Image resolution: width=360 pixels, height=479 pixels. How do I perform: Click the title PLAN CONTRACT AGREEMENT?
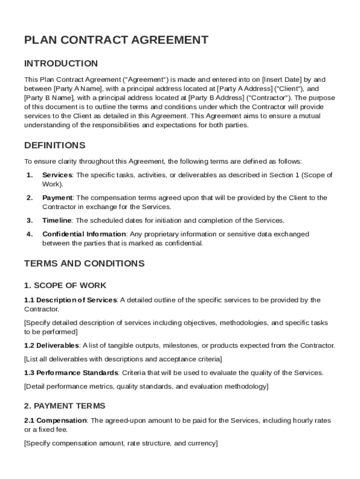click(116, 40)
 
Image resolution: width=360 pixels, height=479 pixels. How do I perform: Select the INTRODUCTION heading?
click(61, 64)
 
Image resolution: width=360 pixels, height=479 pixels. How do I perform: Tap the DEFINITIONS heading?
click(55, 145)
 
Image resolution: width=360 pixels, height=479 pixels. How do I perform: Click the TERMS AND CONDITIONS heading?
click(84, 263)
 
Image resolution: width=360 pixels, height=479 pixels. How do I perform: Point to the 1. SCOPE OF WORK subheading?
click(65, 285)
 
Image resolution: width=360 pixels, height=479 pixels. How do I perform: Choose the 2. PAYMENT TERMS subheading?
click(65, 406)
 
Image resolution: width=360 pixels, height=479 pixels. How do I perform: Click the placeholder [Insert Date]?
click(282, 79)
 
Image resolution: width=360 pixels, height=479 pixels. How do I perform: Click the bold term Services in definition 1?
click(57, 175)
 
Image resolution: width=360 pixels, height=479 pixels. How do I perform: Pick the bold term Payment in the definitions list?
click(57, 198)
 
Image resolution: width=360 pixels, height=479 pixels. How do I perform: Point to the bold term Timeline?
click(57, 220)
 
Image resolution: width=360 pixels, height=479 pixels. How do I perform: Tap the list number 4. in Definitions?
click(29, 234)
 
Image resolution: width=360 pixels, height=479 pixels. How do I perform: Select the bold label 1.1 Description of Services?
click(70, 300)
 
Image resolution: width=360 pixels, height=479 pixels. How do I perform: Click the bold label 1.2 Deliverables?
click(51, 346)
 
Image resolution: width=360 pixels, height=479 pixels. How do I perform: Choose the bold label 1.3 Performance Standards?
click(71, 373)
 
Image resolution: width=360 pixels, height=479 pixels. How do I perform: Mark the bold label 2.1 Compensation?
click(55, 421)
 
